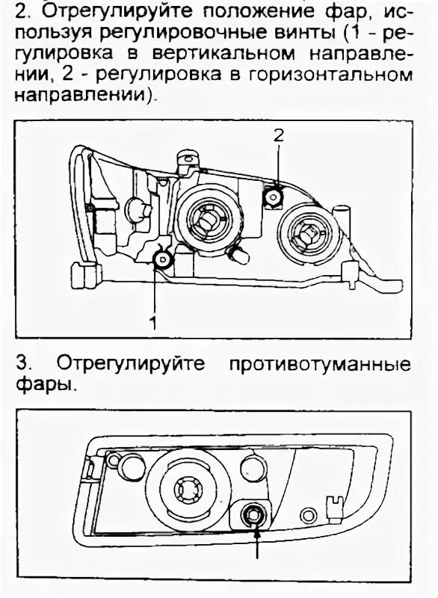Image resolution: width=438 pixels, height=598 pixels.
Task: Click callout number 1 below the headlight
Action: pyautogui.click(x=152, y=324)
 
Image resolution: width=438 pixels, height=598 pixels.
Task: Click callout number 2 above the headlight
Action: pyautogui.click(x=278, y=135)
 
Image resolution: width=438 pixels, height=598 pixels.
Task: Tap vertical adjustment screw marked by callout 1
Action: pyautogui.click(x=161, y=260)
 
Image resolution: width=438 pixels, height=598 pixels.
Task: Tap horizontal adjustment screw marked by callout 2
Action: pyautogui.click(x=274, y=197)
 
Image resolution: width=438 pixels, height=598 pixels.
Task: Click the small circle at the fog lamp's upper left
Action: pyautogui.click(x=115, y=461)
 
